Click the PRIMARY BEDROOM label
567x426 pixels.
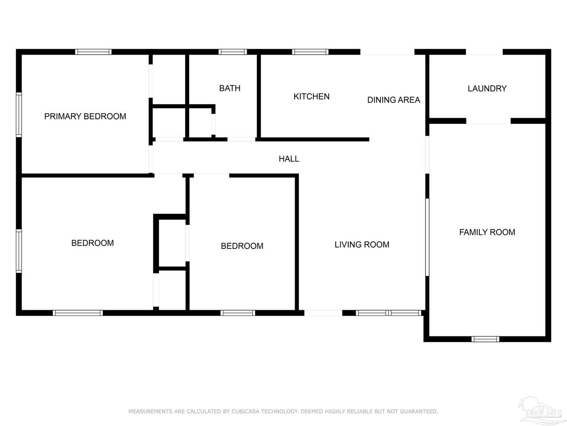85,116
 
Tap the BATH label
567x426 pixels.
229,88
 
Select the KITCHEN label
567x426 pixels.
311,96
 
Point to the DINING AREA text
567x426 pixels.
393,100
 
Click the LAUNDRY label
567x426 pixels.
487,88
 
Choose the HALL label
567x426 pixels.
289,158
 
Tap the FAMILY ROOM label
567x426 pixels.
487,232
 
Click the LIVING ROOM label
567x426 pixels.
361,245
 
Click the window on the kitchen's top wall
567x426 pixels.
310,52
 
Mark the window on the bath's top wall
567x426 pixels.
233,52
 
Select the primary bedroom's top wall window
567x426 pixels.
93,52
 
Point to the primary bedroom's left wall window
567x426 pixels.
19,114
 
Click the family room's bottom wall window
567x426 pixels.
485,339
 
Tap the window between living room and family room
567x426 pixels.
427,237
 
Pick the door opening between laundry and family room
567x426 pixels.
488,121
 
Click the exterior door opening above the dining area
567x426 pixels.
387,52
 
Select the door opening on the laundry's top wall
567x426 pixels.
484,52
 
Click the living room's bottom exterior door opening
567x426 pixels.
323,313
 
